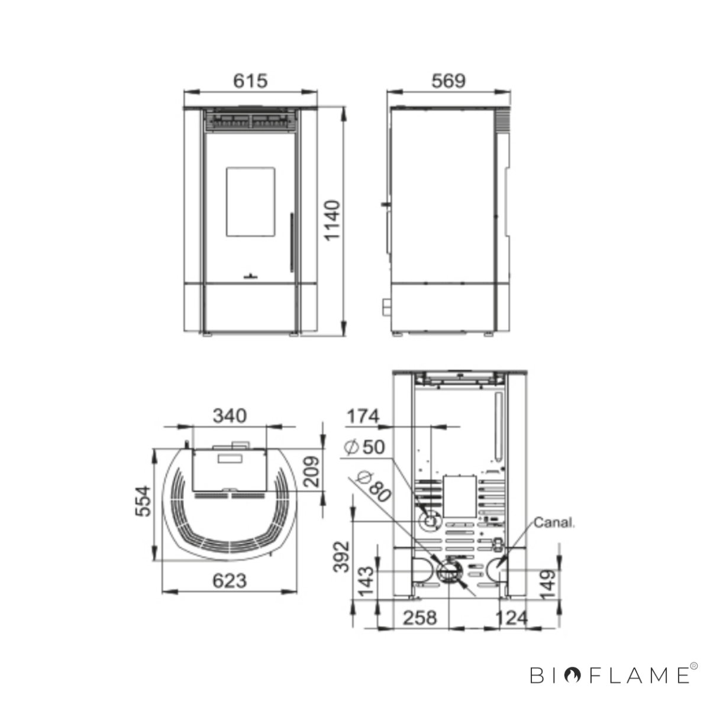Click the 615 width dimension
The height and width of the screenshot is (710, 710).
pyautogui.click(x=250, y=80)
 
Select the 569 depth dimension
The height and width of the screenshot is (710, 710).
pyautogui.click(x=448, y=80)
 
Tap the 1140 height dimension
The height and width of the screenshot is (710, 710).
pyautogui.click(x=332, y=220)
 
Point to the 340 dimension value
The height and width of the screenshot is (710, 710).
pyautogui.click(x=230, y=415)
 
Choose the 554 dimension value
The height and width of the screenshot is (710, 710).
pyautogui.click(x=143, y=501)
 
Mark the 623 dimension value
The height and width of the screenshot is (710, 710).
pyautogui.click(x=229, y=581)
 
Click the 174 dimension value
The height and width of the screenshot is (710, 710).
pyautogui.click(x=363, y=417)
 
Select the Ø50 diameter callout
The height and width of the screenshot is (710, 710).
pyautogui.click(x=364, y=447)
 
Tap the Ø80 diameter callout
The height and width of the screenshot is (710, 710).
pyautogui.click(x=373, y=486)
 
